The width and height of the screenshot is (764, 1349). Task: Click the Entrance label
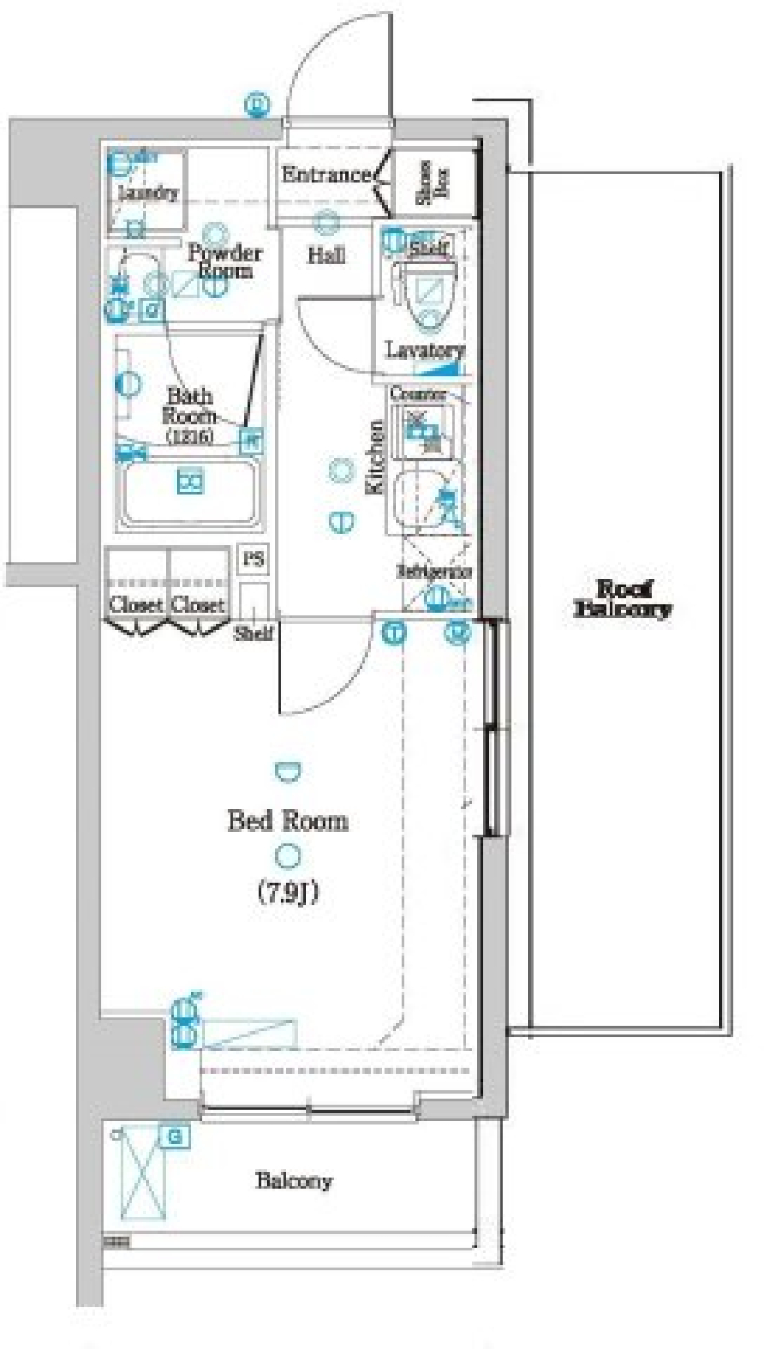coord(326,174)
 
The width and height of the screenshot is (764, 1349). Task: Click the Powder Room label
coord(224,261)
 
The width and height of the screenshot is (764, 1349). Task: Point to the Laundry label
coord(148,192)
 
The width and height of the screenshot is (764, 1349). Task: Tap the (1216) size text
coord(189,436)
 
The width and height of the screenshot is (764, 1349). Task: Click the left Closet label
coord(136,605)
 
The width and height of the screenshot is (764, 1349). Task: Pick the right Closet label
coord(198,605)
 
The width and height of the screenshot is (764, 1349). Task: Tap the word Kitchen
coord(375,458)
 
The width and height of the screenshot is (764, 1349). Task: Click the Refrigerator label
coord(435,571)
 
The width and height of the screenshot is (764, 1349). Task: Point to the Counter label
coord(418,393)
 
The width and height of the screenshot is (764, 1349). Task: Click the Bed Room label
coord(287,821)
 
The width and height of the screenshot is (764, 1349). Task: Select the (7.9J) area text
coord(287,893)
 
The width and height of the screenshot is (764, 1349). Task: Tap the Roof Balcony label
coord(622,599)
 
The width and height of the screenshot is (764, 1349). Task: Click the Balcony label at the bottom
coord(294,1180)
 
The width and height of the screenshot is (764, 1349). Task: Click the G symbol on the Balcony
coord(174,1137)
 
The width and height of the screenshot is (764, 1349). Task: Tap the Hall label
coord(326,255)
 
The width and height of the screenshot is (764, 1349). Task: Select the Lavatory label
coord(424,349)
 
